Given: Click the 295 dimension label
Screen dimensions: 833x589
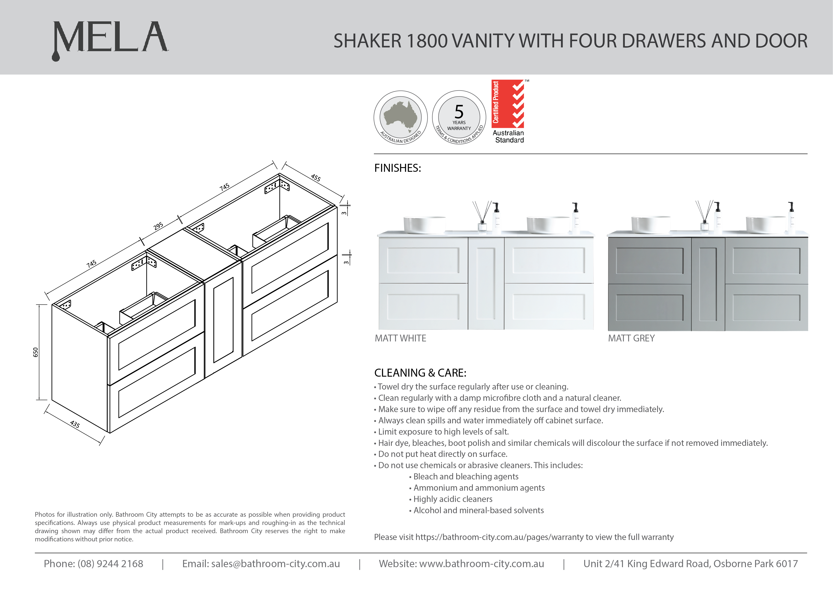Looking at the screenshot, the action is coord(158,226).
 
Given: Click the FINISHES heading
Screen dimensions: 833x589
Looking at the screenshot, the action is coord(398,168).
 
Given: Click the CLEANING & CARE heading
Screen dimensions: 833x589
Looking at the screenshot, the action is coord(420,373).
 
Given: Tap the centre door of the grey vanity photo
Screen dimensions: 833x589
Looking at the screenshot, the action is coord(708,284).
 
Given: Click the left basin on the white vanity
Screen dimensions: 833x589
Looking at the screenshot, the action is coord(425,225).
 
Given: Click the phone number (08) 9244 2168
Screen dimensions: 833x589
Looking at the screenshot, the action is coord(110,564).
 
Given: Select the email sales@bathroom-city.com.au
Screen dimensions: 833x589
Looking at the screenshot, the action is coord(275,564).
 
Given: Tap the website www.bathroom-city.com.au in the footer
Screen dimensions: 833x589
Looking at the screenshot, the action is coord(481,564).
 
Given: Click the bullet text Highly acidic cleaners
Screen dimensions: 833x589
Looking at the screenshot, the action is coord(453,499).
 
